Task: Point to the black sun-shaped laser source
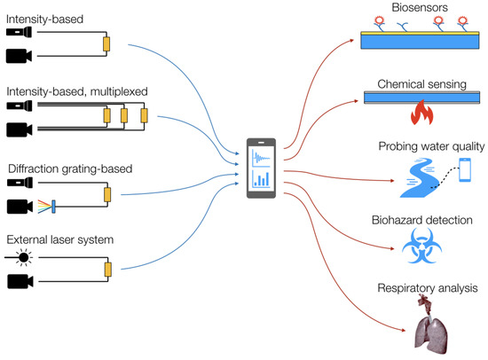tap(20, 258)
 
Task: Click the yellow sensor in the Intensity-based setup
tap(106, 43)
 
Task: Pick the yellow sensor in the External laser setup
tap(106, 270)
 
